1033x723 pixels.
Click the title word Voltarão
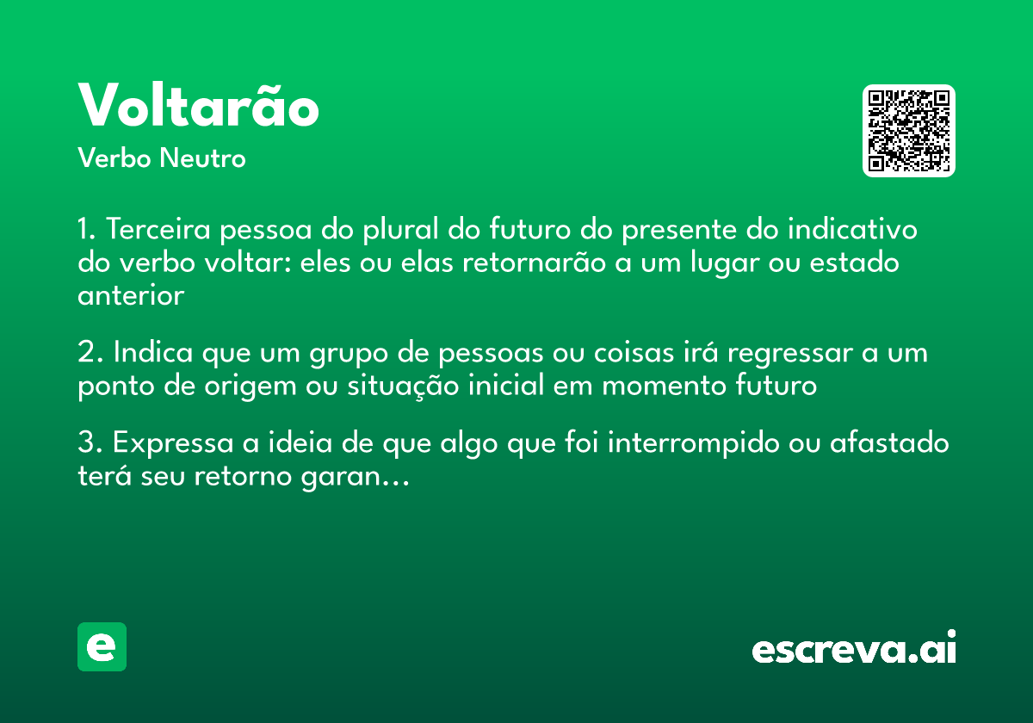199,107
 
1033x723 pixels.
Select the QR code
909,131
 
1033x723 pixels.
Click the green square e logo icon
102,646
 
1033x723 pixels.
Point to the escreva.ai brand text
854,647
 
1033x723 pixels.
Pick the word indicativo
853,231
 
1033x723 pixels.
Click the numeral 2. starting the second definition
90,354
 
